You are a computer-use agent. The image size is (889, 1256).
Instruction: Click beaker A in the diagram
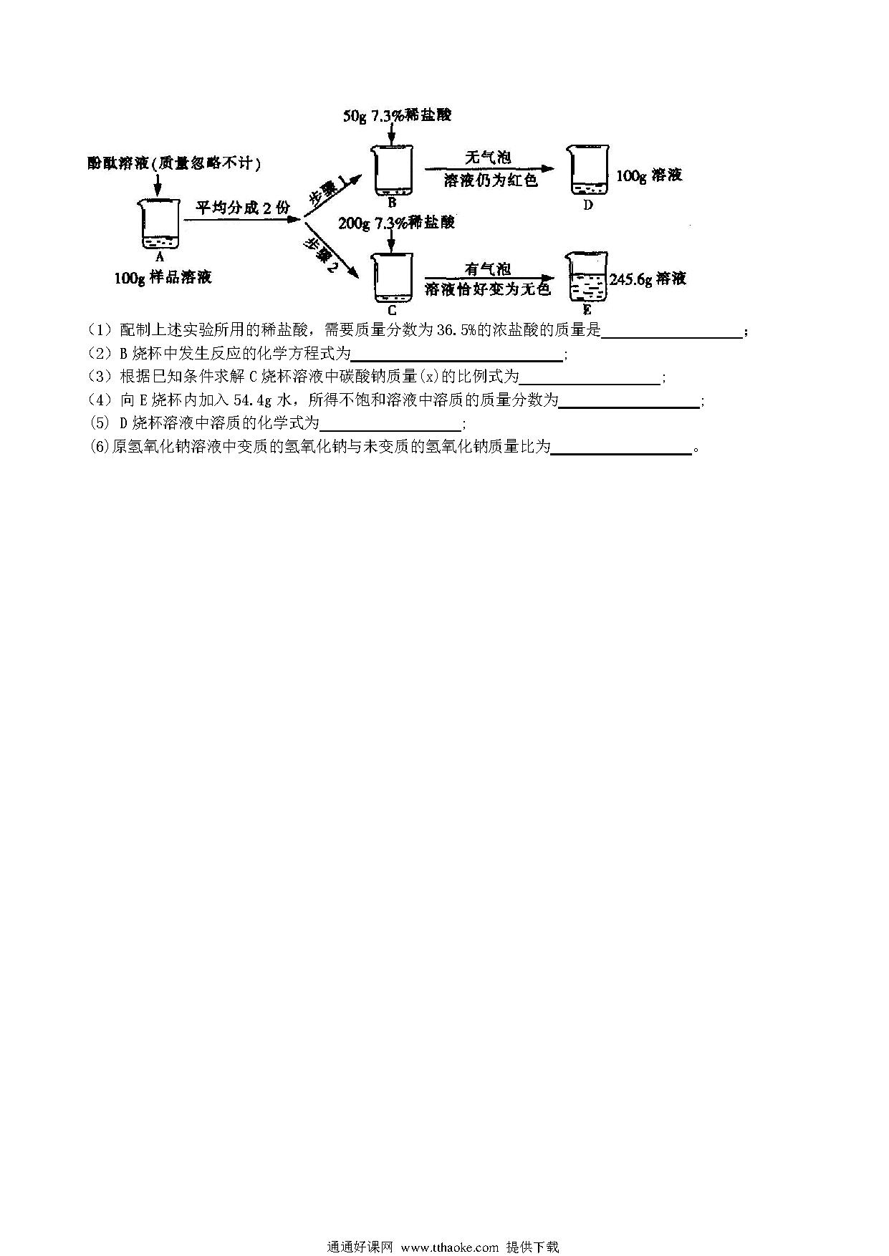click(x=158, y=223)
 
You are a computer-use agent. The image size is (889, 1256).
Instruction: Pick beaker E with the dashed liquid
click(x=587, y=277)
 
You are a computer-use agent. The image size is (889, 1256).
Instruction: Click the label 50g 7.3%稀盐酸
click(x=397, y=115)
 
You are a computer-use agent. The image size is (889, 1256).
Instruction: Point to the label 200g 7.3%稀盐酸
click(x=396, y=223)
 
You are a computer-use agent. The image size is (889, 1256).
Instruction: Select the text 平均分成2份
click(x=243, y=208)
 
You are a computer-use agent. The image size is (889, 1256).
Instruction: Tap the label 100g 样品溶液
click(x=163, y=277)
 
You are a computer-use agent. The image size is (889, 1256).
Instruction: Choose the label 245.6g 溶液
click(x=648, y=279)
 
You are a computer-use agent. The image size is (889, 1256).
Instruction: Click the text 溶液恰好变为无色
click(x=487, y=289)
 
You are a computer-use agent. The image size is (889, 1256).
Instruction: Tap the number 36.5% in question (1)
click(x=456, y=329)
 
